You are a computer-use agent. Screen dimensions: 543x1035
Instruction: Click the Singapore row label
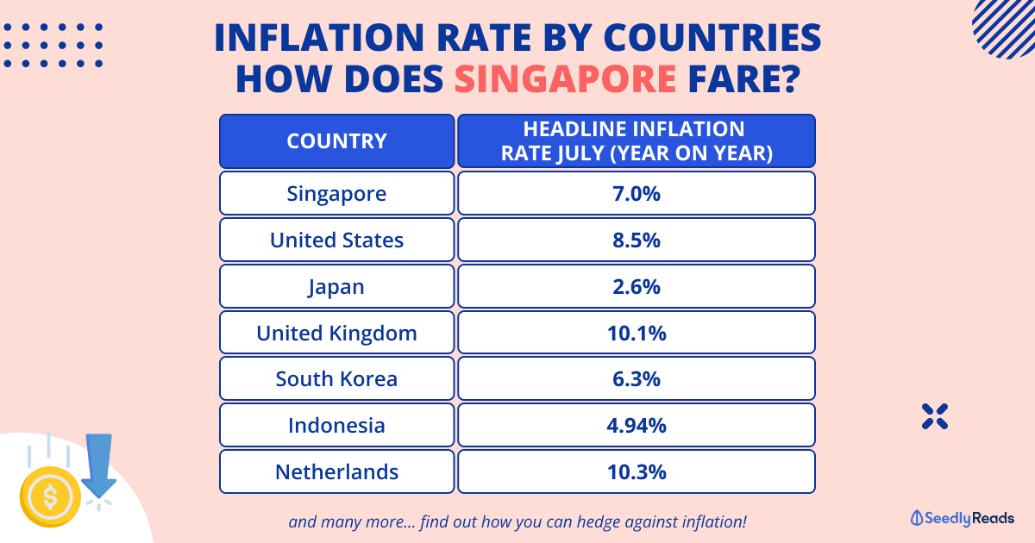(336, 193)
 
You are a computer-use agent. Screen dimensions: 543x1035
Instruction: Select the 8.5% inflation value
(637, 240)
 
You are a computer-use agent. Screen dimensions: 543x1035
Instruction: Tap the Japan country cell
(336, 286)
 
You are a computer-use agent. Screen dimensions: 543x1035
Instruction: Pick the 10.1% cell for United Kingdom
(637, 333)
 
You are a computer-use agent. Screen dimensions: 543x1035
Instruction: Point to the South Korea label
(336, 379)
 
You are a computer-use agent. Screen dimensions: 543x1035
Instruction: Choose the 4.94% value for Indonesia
(637, 426)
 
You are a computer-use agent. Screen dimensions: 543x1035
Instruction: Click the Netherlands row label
(336, 472)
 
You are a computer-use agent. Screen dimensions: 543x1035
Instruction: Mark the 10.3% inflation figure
(637, 472)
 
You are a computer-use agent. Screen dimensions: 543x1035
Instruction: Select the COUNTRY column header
(336, 141)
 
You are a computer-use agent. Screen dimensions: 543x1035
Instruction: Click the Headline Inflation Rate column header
(637, 141)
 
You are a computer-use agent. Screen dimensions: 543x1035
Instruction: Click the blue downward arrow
(100, 466)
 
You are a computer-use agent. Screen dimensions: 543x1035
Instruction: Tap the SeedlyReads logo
(963, 518)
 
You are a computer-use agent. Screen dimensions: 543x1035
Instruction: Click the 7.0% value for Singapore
(637, 193)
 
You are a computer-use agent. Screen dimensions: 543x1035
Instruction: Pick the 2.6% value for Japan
(637, 286)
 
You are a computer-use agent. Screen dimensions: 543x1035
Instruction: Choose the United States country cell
(336, 240)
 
